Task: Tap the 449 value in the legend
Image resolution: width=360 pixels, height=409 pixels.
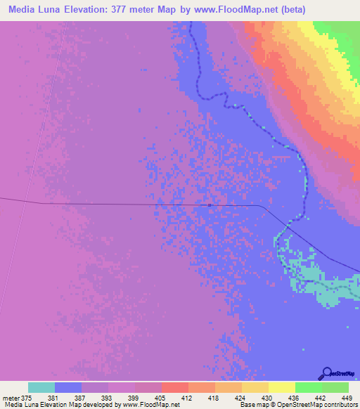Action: tap(345, 397)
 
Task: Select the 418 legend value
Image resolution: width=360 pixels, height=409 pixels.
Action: tap(210, 397)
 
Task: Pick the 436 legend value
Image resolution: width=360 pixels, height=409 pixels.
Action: tap(290, 397)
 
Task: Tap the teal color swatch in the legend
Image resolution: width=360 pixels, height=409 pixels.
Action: tap(41, 387)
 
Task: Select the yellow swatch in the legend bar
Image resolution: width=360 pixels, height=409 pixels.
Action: tap(282, 387)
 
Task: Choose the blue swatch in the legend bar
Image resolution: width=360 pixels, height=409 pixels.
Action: tap(68, 387)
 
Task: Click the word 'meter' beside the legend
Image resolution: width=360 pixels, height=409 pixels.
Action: tap(10, 397)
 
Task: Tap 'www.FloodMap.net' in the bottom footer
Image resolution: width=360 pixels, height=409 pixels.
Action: tap(150, 405)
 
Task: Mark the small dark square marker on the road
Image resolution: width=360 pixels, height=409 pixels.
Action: tap(210, 205)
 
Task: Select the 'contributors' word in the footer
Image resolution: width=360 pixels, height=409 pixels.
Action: tap(339, 405)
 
